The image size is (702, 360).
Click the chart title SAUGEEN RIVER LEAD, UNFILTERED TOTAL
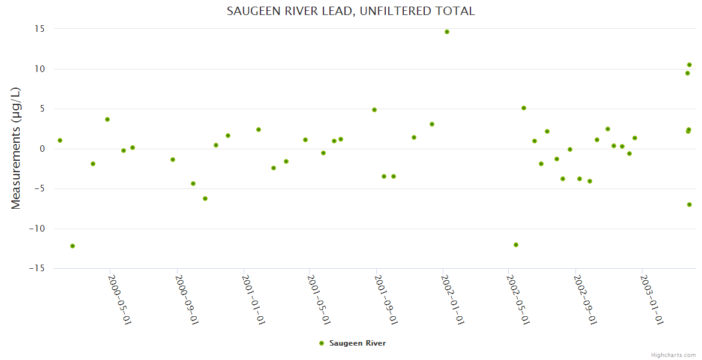[x=350, y=11]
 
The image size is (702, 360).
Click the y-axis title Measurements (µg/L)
[x=16, y=148]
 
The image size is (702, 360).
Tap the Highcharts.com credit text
[x=673, y=355]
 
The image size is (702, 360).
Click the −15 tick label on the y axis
[x=38, y=268]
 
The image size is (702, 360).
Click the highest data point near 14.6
[x=447, y=32]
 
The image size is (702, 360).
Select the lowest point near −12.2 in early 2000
[x=73, y=246]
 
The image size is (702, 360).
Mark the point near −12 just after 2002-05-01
[x=516, y=245]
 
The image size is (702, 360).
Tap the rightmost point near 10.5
[x=689, y=65]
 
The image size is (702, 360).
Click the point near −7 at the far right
[x=689, y=205]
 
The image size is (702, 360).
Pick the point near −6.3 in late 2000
[x=205, y=199]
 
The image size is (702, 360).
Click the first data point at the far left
[x=60, y=140]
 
